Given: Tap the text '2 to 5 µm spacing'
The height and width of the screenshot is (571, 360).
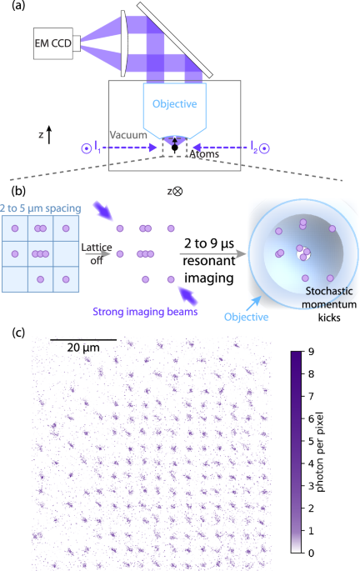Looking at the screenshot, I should [41, 205].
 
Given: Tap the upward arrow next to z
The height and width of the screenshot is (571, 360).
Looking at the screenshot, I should [50, 133].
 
